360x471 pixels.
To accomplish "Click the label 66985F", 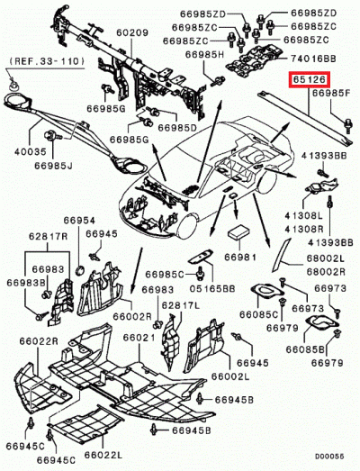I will point(330,94).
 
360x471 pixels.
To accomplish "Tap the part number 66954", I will point(78,220).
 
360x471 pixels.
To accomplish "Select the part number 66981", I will point(240,258).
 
